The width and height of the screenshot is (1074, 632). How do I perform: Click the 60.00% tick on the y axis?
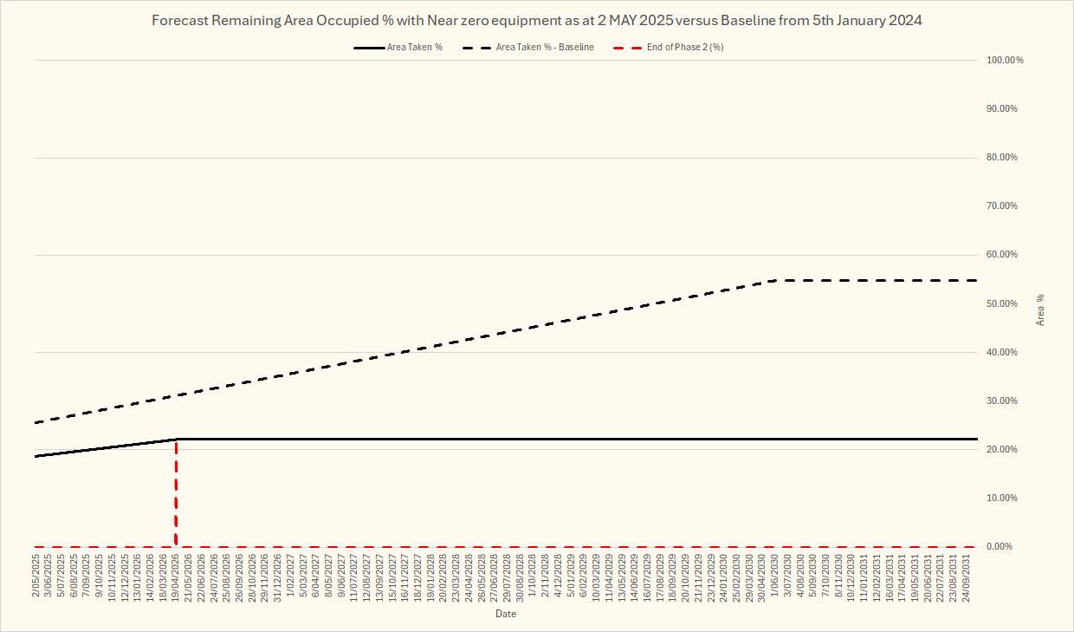click(x=1005, y=255)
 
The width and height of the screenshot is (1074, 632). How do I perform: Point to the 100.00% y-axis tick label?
click(x=1005, y=60)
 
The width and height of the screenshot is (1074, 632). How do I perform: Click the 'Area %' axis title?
click(x=1040, y=309)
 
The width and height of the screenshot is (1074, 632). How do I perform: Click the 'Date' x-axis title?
click(x=506, y=614)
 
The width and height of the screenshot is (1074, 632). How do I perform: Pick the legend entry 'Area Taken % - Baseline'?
click(x=544, y=47)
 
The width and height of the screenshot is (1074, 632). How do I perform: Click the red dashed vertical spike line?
click(x=177, y=494)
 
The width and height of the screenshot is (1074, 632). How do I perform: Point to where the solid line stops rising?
click(x=177, y=439)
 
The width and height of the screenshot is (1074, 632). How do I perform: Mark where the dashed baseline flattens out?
click(x=776, y=281)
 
